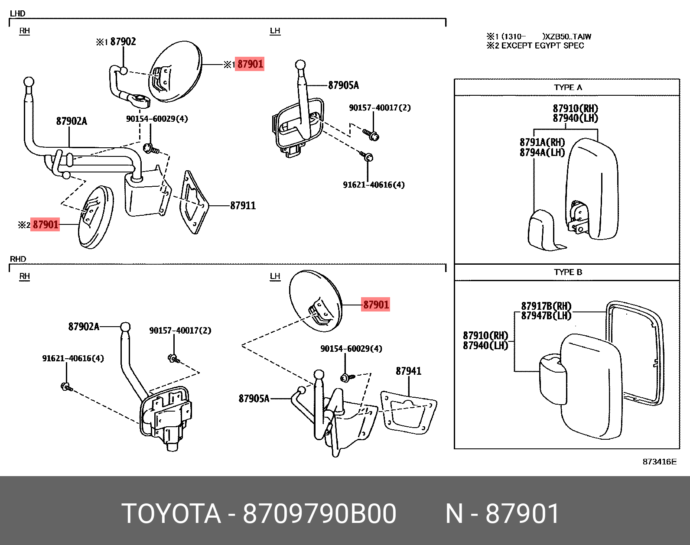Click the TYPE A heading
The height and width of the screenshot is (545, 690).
(x=567, y=88)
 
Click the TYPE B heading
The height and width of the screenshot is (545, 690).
(x=567, y=272)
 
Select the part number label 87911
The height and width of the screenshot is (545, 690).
(x=243, y=206)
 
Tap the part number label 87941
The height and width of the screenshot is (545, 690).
(x=408, y=371)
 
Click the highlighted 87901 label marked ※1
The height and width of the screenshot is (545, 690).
(x=250, y=64)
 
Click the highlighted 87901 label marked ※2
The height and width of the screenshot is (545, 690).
(x=45, y=224)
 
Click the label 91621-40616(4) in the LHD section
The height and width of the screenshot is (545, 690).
(x=374, y=185)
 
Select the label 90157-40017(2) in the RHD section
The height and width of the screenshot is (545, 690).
(x=180, y=331)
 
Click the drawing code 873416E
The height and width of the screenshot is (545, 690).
(x=659, y=462)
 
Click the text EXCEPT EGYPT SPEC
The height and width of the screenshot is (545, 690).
(x=542, y=45)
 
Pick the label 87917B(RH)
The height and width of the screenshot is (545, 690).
(x=546, y=306)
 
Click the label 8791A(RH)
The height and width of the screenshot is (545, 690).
(x=542, y=142)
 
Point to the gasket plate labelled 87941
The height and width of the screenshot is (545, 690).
(x=407, y=412)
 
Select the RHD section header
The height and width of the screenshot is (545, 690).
(x=18, y=259)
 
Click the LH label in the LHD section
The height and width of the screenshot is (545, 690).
(x=275, y=31)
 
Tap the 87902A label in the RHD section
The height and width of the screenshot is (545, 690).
(x=84, y=327)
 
